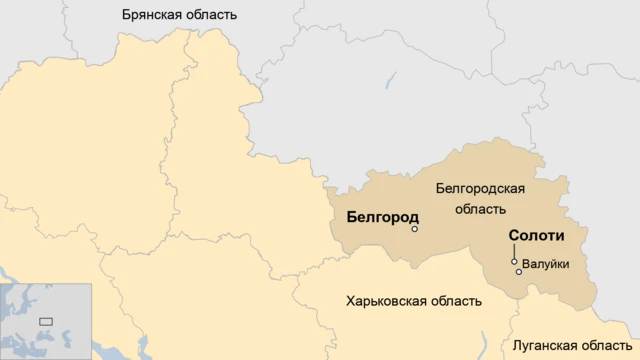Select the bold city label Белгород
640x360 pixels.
[x=382, y=216]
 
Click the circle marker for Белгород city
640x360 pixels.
[x=415, y=229]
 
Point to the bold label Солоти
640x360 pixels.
[x=537, y=237]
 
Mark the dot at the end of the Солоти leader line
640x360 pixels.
[x=514, y=261]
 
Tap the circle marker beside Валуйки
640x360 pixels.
[x=518, y=272]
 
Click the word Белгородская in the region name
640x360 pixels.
[x=481, y=188]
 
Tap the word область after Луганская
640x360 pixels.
[x=606, y=344]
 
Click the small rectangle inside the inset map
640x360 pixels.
[x=45, y=321]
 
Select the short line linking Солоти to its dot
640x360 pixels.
[x=514, y=252]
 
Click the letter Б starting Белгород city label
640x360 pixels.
[x=351, y=216]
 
